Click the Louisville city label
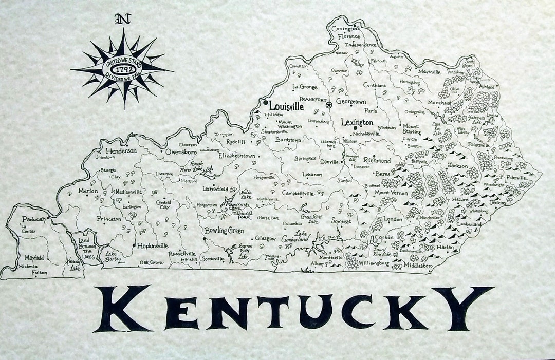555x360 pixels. point(286,106)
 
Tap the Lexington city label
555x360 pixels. point(357,123)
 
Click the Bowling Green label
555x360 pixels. point(224,231)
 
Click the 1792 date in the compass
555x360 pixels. point(122,67)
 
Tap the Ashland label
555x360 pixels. point(487,87)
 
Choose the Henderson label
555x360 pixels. point(121,151)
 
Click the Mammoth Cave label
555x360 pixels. point(235,206)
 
